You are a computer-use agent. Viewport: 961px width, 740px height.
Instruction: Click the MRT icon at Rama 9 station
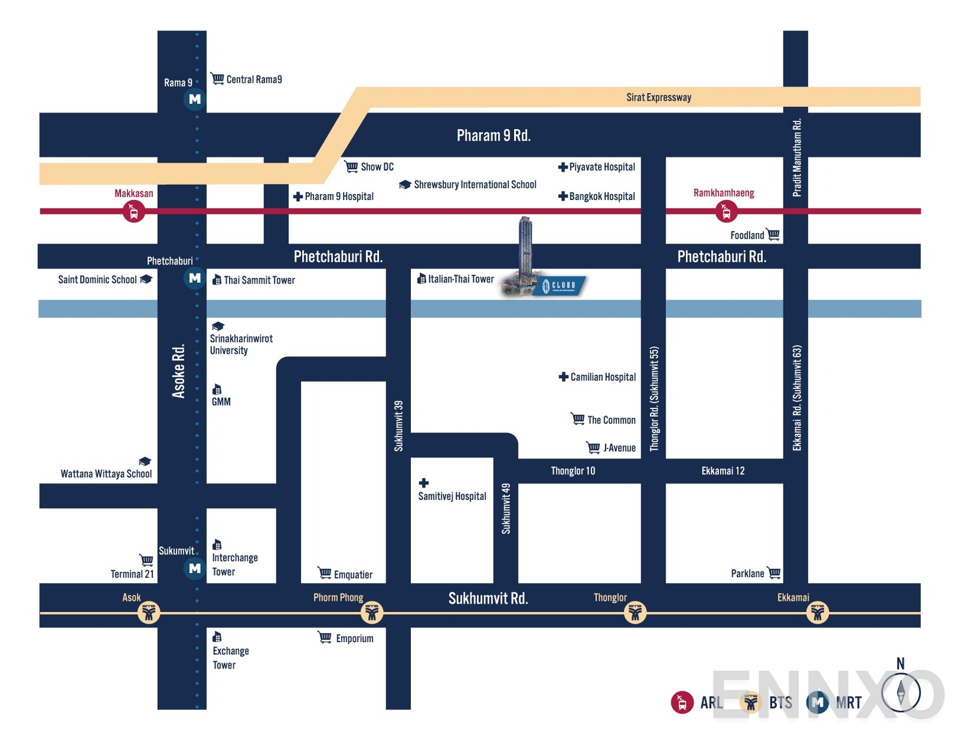pyautogui.click(x=195, y=99)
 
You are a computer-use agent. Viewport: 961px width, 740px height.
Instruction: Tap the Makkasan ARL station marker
pyautogui.click(x=133, y=211)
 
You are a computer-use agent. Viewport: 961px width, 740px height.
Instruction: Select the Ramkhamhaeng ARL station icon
pyautogui.click(x=726, y=211)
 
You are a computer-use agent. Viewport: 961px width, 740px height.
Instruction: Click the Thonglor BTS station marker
pyautogui.click(x=635, y=613)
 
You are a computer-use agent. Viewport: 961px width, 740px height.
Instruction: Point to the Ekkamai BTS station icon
pyautogui.click(x=817, y=613)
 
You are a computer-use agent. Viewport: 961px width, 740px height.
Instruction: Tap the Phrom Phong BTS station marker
pyautogui.click(x=372, y=613)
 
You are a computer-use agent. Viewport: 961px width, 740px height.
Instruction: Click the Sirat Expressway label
pyautogui.click(x=658, y=97)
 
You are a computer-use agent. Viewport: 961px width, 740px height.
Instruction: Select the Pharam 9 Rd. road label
pyautogui.click(x=493, y=136)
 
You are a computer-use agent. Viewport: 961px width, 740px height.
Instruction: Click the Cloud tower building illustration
pyautogui.click(x=525, y=252)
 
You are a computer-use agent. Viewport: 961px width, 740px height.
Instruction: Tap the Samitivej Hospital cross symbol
pyautogui.click(x=423, y=483)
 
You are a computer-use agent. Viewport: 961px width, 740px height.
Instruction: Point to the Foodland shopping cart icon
pyautogui.click(x=774, y=234)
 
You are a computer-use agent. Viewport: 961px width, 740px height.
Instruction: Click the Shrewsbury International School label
pyautogui.click(x=474, y=184)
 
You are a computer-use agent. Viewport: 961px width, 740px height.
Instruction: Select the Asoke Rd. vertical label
pyautogui.click(x=178, y=371)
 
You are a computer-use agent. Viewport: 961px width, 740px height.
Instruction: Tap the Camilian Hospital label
pyautogui.click(x=602, y=377)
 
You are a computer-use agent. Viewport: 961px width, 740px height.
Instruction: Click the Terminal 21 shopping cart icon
pyautogui.click(x=146, y=560)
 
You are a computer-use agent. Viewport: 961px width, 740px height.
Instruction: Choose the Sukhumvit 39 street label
pyautogui.click(x=398, y=425)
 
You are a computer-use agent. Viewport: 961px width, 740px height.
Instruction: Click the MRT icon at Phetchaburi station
pyautogui.click(x=195, y=278)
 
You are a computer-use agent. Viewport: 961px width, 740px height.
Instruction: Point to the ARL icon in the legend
pyautogui.click(x=682, y=702)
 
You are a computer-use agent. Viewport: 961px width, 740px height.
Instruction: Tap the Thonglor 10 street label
pyautogui.click(x=572, y=471)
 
